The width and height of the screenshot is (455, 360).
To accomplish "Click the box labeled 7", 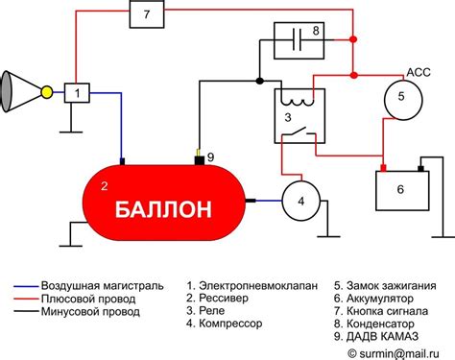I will [146, 15].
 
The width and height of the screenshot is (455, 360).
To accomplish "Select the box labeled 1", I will [77, 93].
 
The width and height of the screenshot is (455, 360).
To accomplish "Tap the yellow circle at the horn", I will [44, 93].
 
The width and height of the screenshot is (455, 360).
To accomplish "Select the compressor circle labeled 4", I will [300, 201].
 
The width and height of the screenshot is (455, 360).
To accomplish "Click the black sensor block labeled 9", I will [200, 158].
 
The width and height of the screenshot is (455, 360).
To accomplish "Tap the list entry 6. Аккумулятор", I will [378, 299].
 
